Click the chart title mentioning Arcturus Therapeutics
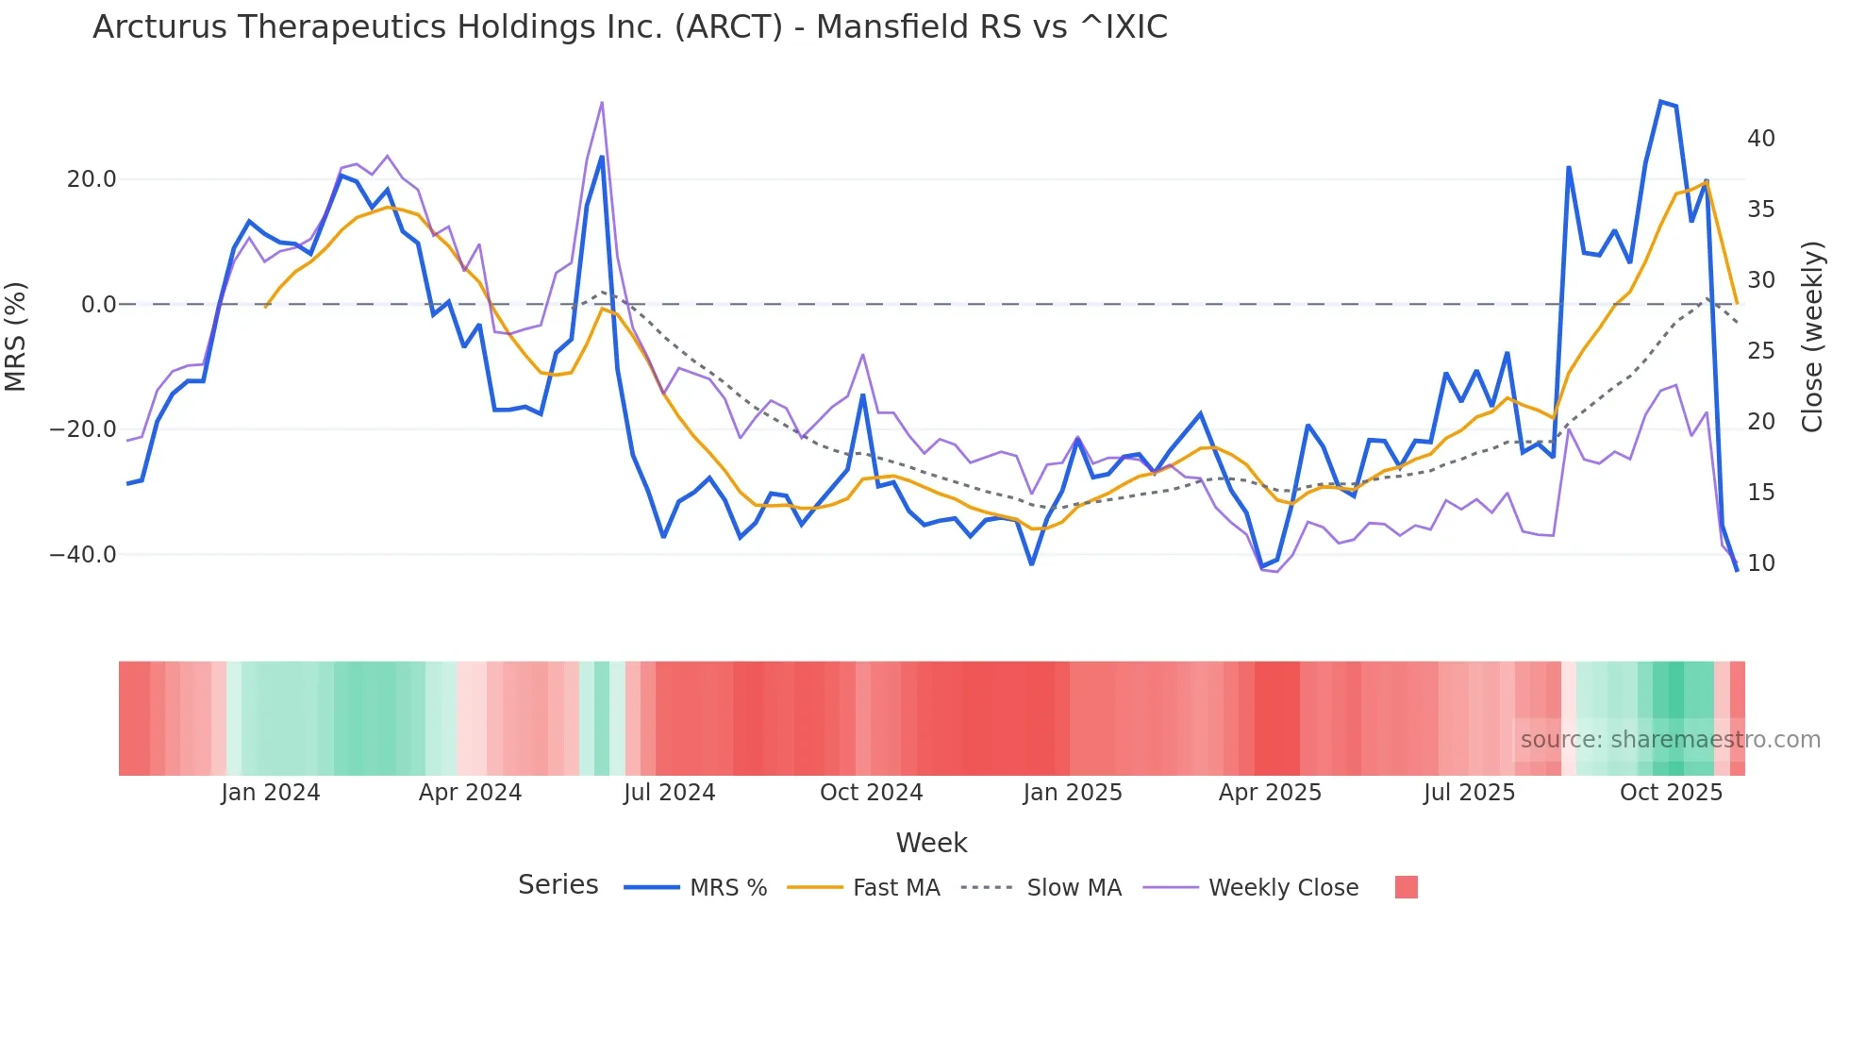tap(629, 27)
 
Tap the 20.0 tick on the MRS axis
tap(92, 179)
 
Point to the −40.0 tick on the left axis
tap(83, 555)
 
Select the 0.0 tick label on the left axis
tap(99, 305)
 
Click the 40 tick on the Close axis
tap(1760, 139)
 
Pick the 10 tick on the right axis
tap(1760, 563)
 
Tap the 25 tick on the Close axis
tap(1760, 351)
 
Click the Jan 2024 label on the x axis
tap(271, 793)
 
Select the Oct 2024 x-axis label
tap(871, 793)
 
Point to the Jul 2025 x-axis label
tap(1469, 793)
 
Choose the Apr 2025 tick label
tap(1270, 793)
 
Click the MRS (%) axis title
tap(16, 336)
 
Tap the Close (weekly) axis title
tap(1812, 336)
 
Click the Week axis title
tap(931, 843)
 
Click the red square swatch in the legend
tap(1406, 887)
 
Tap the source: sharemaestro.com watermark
tap(1670, 740)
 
